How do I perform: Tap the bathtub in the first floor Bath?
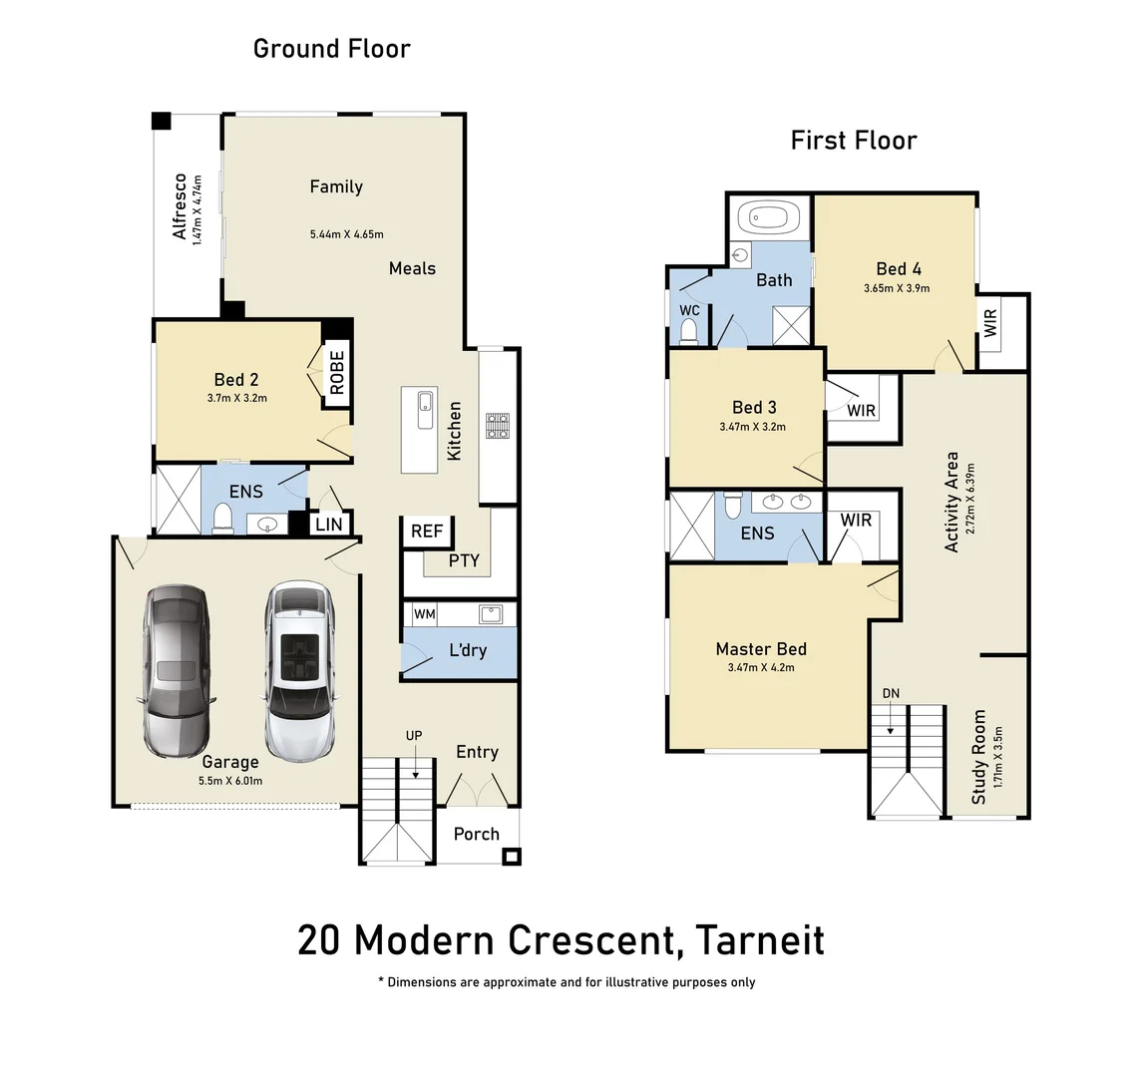[x=767, y=217]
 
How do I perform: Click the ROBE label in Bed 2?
[x=337, y=373]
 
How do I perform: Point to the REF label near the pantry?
[x=427, y=532]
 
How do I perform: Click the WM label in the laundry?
[x=425, y=614]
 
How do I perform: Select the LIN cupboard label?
[x=329, y=525]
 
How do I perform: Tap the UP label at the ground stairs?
[x=414, y=736]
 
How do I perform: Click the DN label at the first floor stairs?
[x=891, y=694]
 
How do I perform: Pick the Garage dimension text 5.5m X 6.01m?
[x=230, y=781]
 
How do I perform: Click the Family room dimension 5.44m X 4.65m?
[x=346, y=234]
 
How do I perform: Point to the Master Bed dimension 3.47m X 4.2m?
[x=761, y=668]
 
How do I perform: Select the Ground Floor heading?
[x=331, y=48]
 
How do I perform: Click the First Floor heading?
[x=853, y=141]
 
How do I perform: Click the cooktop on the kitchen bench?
[x=497, y=426]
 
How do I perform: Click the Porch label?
[x=477, y=834]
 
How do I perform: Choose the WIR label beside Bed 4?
[x=990, y=323]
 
